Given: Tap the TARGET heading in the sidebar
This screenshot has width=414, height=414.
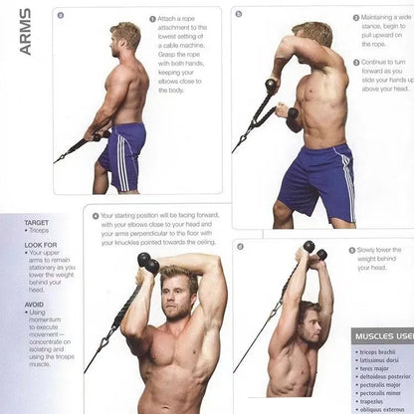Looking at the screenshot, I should [36, 223].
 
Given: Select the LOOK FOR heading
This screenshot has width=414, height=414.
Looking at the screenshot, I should [41, 245].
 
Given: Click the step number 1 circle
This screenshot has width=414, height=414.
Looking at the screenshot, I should [153, 19].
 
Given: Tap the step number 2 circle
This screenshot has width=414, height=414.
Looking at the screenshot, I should [356, 18].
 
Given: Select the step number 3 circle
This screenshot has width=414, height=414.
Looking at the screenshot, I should [356, 62].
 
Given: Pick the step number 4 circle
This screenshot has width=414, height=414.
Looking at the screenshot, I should [96, 215].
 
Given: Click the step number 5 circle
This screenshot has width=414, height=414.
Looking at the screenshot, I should [350, 250].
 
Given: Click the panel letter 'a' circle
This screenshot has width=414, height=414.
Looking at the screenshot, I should [61, 15].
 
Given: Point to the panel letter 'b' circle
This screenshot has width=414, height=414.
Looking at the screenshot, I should [239, 14].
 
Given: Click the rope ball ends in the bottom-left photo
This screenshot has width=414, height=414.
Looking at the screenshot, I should [147, 263].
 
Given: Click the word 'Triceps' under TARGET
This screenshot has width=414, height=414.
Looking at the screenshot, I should [40, 231].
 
